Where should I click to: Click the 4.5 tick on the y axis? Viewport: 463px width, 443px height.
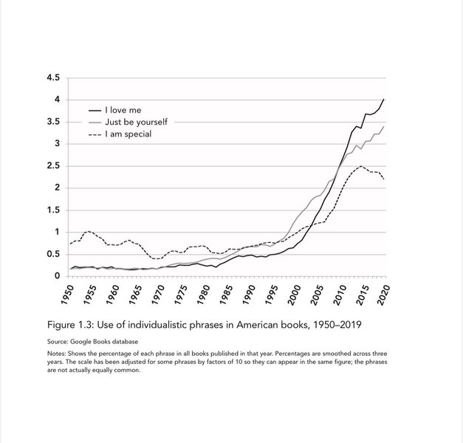pyautogui.click(x=54, y=78)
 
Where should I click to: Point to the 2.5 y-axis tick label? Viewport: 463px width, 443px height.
pyautogui.click(x=54, y=165)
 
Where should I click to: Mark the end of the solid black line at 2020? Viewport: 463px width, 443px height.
pyautogui.click(x=383, y=99)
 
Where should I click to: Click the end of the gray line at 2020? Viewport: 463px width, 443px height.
pyautogui.click(x=383, y=127)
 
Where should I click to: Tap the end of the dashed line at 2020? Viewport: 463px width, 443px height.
pyautogui.click(x=383, y=179)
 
